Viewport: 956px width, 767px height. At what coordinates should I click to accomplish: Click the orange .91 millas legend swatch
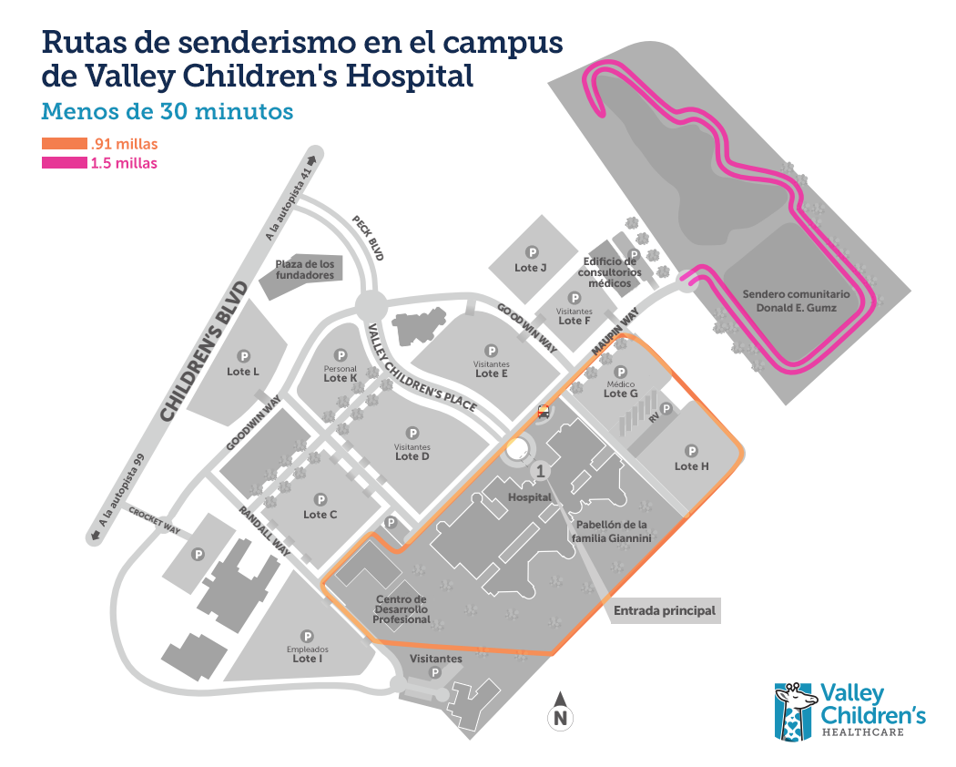tap(64, 144)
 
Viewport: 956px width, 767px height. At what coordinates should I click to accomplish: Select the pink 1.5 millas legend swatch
tap(64, 163)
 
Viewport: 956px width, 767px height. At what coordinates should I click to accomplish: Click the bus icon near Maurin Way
tap(544, 411)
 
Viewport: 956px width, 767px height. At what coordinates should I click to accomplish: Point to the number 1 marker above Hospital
tap(541, 471)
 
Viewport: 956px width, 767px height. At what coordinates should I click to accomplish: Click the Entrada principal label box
tap(665, 610)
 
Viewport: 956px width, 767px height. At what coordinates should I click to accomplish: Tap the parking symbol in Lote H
tap(692, 450)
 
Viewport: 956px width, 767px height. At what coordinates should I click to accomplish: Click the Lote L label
tap(243, 371)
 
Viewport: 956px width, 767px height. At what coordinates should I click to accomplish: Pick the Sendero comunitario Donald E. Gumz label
tap(796, 301)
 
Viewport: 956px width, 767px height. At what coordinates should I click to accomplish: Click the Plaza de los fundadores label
tap(305, 269)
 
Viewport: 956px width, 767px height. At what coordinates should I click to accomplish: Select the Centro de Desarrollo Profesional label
tap(402, 609)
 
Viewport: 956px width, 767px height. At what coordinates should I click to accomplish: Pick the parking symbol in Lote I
tap(308, 637)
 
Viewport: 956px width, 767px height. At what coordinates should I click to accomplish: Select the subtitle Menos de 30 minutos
tap(168, 111)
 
